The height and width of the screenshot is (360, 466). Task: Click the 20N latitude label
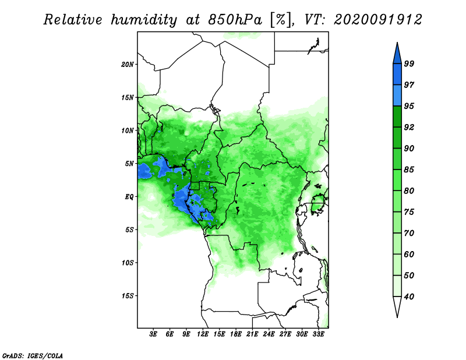128,65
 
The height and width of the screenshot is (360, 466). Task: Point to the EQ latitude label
129,197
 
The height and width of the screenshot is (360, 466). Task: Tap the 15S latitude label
128,296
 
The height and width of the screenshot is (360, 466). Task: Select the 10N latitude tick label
128,130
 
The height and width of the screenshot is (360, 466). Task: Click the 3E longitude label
153,334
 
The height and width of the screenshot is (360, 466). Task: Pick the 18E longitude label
236,334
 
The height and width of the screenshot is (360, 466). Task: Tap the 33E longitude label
318,334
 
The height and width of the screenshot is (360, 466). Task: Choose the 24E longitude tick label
269,334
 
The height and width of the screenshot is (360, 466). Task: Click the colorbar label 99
409,63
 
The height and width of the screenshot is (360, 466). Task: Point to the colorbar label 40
409,297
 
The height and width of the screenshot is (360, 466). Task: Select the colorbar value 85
409,170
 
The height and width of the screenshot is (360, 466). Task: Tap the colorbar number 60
409,255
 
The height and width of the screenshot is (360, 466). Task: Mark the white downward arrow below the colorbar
397,306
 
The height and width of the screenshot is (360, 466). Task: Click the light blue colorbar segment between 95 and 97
397,96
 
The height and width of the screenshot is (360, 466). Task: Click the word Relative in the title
73,20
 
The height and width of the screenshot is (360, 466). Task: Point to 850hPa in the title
235,20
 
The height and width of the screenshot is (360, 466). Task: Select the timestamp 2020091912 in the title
377,20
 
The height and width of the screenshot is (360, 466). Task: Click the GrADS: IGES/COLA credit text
33,355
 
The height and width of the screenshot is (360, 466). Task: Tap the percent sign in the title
281,20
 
